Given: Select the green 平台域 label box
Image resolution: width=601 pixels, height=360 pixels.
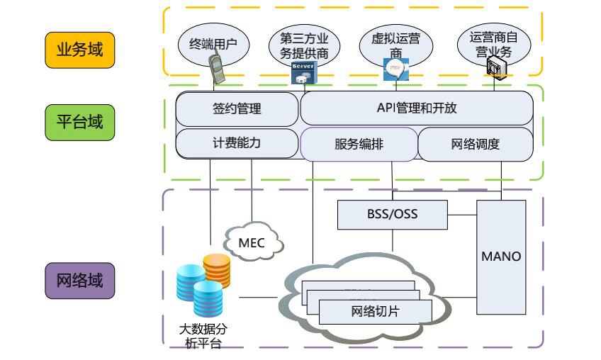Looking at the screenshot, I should coord(79,122).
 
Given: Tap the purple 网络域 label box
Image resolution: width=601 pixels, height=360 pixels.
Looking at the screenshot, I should coord(79,281).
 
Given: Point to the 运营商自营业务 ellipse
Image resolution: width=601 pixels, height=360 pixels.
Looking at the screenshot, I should coord(488,43).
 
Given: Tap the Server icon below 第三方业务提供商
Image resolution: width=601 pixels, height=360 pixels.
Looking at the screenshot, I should coord(303,72).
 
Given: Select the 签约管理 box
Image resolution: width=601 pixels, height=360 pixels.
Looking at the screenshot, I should coord(237,109).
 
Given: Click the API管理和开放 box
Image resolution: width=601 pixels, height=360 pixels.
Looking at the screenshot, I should coord(416,108).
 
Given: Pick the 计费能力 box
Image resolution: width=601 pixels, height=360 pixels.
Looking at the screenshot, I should coord(237,143).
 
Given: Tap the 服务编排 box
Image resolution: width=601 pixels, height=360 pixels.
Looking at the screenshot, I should coord(359,145).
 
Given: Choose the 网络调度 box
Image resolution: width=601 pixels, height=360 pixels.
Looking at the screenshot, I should coord(475,145).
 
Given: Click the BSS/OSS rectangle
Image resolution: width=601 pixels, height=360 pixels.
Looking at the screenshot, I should coord(392,214).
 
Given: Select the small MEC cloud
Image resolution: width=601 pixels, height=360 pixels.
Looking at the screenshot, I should coord(252,243).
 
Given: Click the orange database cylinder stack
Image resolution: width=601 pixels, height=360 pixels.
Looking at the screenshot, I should coord(216,269).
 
